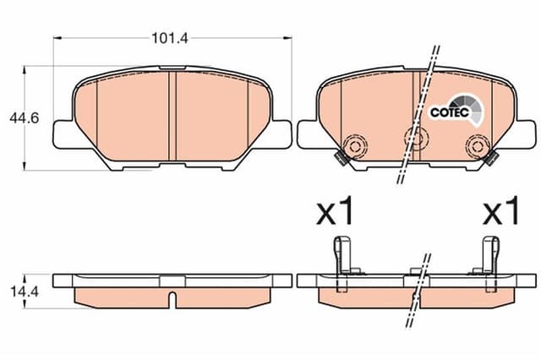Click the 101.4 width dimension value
[168, 37]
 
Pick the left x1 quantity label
[335, 213]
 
